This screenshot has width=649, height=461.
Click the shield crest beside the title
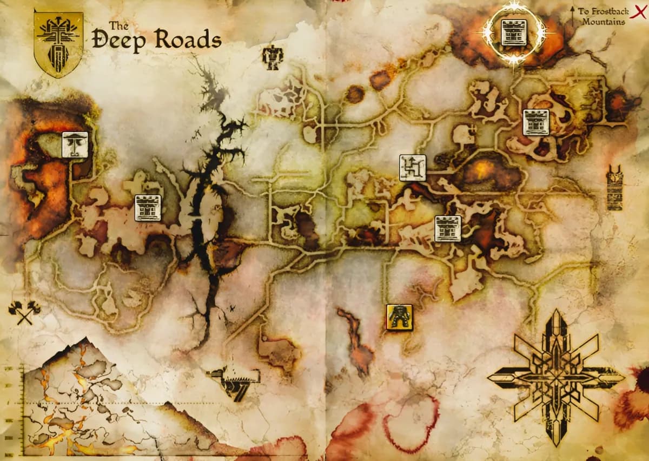[x=58, y=43]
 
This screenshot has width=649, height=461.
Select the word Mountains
[x=604, y=22]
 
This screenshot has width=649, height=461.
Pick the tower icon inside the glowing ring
[x=514, y=32]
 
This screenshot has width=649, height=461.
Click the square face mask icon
[x=75, y=144]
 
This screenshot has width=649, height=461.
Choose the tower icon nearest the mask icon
[x=148, y=208]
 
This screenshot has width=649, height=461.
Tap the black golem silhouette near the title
[x=272, y=57]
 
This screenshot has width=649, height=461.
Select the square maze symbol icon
[x=413, y=168]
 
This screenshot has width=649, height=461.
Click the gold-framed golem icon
[x=400, y=317]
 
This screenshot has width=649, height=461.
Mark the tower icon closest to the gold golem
[x=448, y=228]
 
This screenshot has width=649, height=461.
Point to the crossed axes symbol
[x=24, y=312]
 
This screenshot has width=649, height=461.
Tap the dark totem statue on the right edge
[x=614, y=188]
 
